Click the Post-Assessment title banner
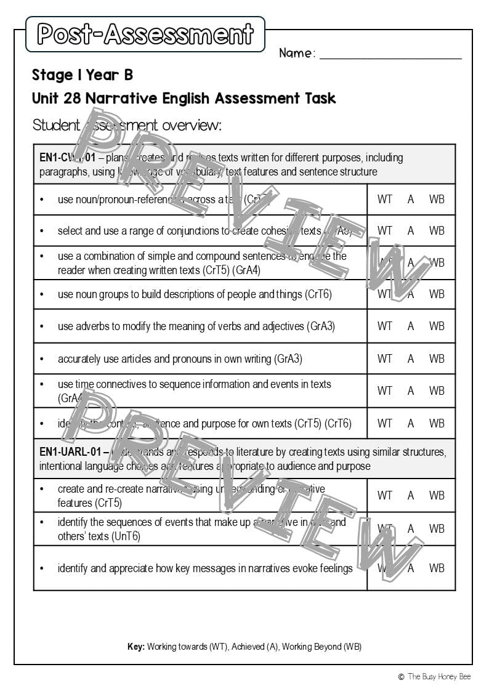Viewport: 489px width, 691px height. click(145, 34)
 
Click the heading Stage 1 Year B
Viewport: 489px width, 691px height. click(83, 75)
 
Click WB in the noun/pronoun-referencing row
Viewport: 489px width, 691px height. click(437, 199)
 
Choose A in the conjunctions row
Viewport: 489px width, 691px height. click(411, 230)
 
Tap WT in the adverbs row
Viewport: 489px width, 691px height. click(385, 326)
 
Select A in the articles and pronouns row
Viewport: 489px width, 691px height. click(411, 358)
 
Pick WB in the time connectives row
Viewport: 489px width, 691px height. click(437, 390)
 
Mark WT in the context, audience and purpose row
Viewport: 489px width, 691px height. click(385, 423)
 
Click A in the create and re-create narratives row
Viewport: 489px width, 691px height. click(411, 495)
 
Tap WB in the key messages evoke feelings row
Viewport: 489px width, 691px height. click(437, 568)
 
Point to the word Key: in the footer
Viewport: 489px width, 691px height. click(135, 647)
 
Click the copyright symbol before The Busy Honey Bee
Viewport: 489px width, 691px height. click(401, 677)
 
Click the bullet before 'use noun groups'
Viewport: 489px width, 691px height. click(42, 294)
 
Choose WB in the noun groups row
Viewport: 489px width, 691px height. click(437, 294)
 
